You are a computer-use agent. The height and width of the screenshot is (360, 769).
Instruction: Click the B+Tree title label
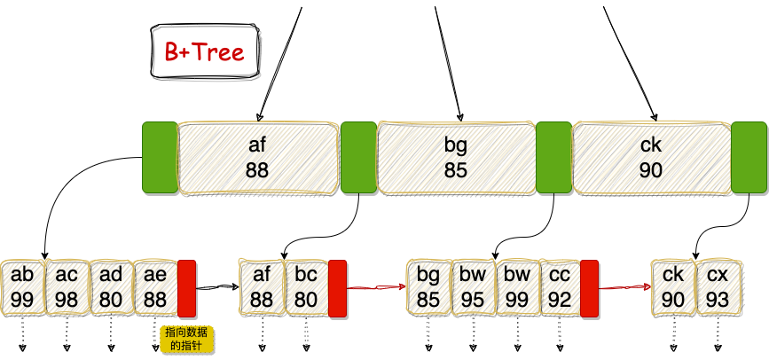[204, 52]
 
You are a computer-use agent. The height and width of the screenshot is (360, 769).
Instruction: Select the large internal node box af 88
[257, 156]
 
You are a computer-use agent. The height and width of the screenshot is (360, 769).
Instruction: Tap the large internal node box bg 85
[456, 156]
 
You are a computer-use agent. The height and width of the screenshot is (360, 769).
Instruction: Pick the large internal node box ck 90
[650, 156]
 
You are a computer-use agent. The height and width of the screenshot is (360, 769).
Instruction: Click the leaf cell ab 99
[23, 287]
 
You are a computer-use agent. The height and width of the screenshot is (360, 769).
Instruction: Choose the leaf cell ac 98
[67, 287]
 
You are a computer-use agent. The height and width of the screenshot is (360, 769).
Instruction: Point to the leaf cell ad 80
[111, 287]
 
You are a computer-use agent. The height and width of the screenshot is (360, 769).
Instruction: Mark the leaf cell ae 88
[155, 287]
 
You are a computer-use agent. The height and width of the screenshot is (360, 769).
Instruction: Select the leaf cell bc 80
[306, 287]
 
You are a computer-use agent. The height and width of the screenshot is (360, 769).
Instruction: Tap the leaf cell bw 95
[473, 287]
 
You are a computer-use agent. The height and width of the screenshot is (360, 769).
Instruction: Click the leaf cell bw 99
[517, 287]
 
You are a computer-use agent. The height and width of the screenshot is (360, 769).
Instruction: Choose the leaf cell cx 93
[718, 287]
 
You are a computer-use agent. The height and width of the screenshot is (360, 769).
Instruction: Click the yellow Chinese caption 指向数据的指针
[187, 339]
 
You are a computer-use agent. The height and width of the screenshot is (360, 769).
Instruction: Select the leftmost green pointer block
[160, 157]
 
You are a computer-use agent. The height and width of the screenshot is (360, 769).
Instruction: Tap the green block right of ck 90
[749, 157]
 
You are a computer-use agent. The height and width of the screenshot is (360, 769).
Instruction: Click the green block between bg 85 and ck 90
[553, 157]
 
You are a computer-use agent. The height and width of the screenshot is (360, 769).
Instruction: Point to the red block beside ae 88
[187, 288]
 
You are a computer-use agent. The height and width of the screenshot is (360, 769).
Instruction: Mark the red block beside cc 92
[590, 288]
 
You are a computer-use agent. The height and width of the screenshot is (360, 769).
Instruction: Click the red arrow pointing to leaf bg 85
[376, 287]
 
